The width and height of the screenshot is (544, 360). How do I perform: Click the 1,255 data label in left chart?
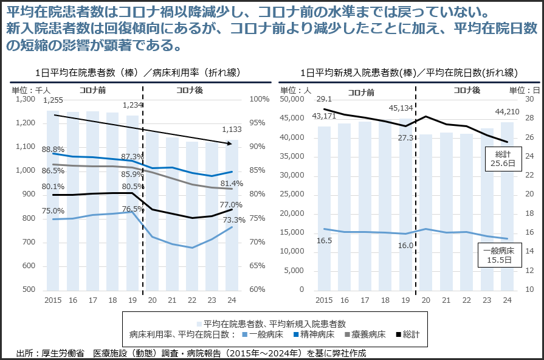(x=53, y=100)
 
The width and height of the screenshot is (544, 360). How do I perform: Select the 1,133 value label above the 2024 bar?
(x=232, y=130)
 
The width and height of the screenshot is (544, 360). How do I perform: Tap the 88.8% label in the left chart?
(x=53, y=149)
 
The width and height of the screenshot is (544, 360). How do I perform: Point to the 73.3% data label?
(x=234, y=220)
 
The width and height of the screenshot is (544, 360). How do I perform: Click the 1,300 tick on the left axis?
(x=26, y=99)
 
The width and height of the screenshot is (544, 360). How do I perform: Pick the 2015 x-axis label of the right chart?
(x=324, y=300)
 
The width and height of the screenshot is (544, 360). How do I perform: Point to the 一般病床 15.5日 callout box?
(x=498, y=255)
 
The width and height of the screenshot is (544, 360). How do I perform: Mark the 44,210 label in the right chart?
(x=506, y=111)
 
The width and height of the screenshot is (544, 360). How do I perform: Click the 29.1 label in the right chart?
(x=324, y=99)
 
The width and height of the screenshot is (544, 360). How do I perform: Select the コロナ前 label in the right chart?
(x=361, y=92)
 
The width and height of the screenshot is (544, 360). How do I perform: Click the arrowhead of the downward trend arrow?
(x=230, y=144)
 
